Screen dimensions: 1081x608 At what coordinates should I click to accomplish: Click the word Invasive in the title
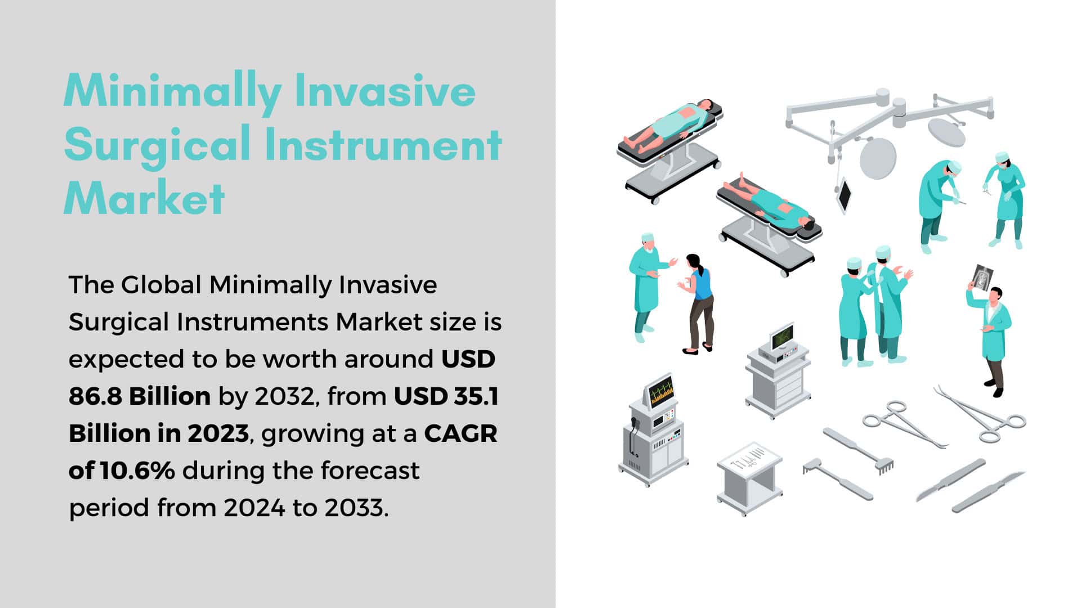[385, 91]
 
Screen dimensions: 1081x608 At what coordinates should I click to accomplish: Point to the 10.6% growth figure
[137, 471]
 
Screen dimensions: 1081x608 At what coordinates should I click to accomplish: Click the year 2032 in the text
[283, 397]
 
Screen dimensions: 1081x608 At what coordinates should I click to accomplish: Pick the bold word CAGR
[461, 433]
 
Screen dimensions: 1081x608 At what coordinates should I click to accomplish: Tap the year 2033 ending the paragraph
[356, 508]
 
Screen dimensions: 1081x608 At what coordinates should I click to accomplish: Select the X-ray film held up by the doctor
[981, 278]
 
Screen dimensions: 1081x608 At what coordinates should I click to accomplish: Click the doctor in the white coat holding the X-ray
[991, 338]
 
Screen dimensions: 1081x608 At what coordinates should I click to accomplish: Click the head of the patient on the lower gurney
[808, 226]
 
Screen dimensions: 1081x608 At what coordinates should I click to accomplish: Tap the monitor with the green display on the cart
[782, 337]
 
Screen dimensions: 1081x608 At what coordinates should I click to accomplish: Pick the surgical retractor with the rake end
[859, 451]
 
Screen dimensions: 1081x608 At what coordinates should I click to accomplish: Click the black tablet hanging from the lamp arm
[844, 194]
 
